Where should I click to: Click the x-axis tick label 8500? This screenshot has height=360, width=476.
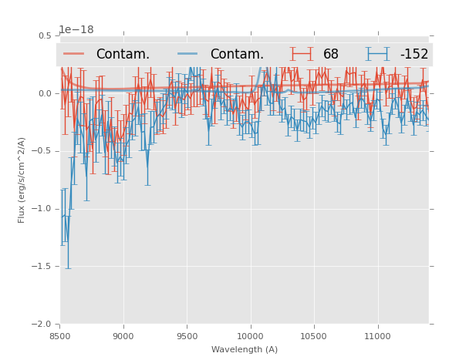(x=60, y=336)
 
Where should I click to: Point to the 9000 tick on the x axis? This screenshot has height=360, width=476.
(x=123, y=336)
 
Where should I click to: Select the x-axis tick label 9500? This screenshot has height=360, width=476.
(x=187, y=336)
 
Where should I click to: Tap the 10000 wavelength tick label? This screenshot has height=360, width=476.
(x=250, y=336)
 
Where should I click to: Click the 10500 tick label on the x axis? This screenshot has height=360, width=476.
(x=313, y=336)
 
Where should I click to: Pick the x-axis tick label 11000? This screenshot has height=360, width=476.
(x=377, y=336)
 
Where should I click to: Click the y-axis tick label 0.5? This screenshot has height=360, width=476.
(x=45, y=35)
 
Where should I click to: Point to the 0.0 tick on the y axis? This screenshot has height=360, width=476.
(x=45, y=93)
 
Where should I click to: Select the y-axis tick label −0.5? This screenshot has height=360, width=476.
(x=42, y=151)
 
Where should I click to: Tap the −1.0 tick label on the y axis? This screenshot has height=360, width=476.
(x=42, y=209)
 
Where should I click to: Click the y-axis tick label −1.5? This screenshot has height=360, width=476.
(x=42, y=267)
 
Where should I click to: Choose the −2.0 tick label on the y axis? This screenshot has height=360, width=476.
(x=42, y=325)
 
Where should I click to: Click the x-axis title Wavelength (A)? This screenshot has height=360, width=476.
(x=245, y=350)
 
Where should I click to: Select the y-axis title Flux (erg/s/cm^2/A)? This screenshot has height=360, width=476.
(x=22, y=180)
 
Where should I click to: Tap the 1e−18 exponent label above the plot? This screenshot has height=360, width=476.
(x=76, y=30)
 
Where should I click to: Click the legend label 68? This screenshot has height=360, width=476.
(x=331, y=55)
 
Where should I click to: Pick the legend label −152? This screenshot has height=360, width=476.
(x=414, y=55)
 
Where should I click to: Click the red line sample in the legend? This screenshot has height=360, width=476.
(x=75, y=54)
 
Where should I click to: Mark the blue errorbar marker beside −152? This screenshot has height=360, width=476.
(x=378, y=54)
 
